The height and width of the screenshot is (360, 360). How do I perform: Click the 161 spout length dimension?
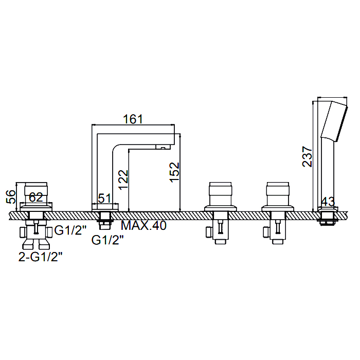click(x=133, y=119)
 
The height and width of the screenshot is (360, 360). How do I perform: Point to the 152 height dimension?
click(x=174, y=172)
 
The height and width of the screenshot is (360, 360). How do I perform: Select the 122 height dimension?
click(x=123, y=180)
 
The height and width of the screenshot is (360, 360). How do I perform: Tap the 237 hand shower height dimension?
click(x=307, y=156)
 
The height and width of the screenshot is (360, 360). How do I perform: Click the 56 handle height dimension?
click(x=11, y=197)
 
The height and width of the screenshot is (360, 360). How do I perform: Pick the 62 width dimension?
click(x=36, y=197)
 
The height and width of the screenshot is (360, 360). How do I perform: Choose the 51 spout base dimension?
click(x=105, y=198)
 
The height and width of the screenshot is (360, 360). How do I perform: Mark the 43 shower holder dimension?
click(x=328, y=202)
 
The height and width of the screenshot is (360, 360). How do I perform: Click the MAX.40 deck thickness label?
click(x=143, y=225)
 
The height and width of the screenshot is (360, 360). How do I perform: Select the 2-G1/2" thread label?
click(x=41, y=257)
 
